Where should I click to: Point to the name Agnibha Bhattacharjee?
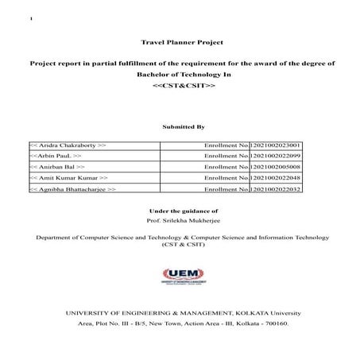[73, 191]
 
